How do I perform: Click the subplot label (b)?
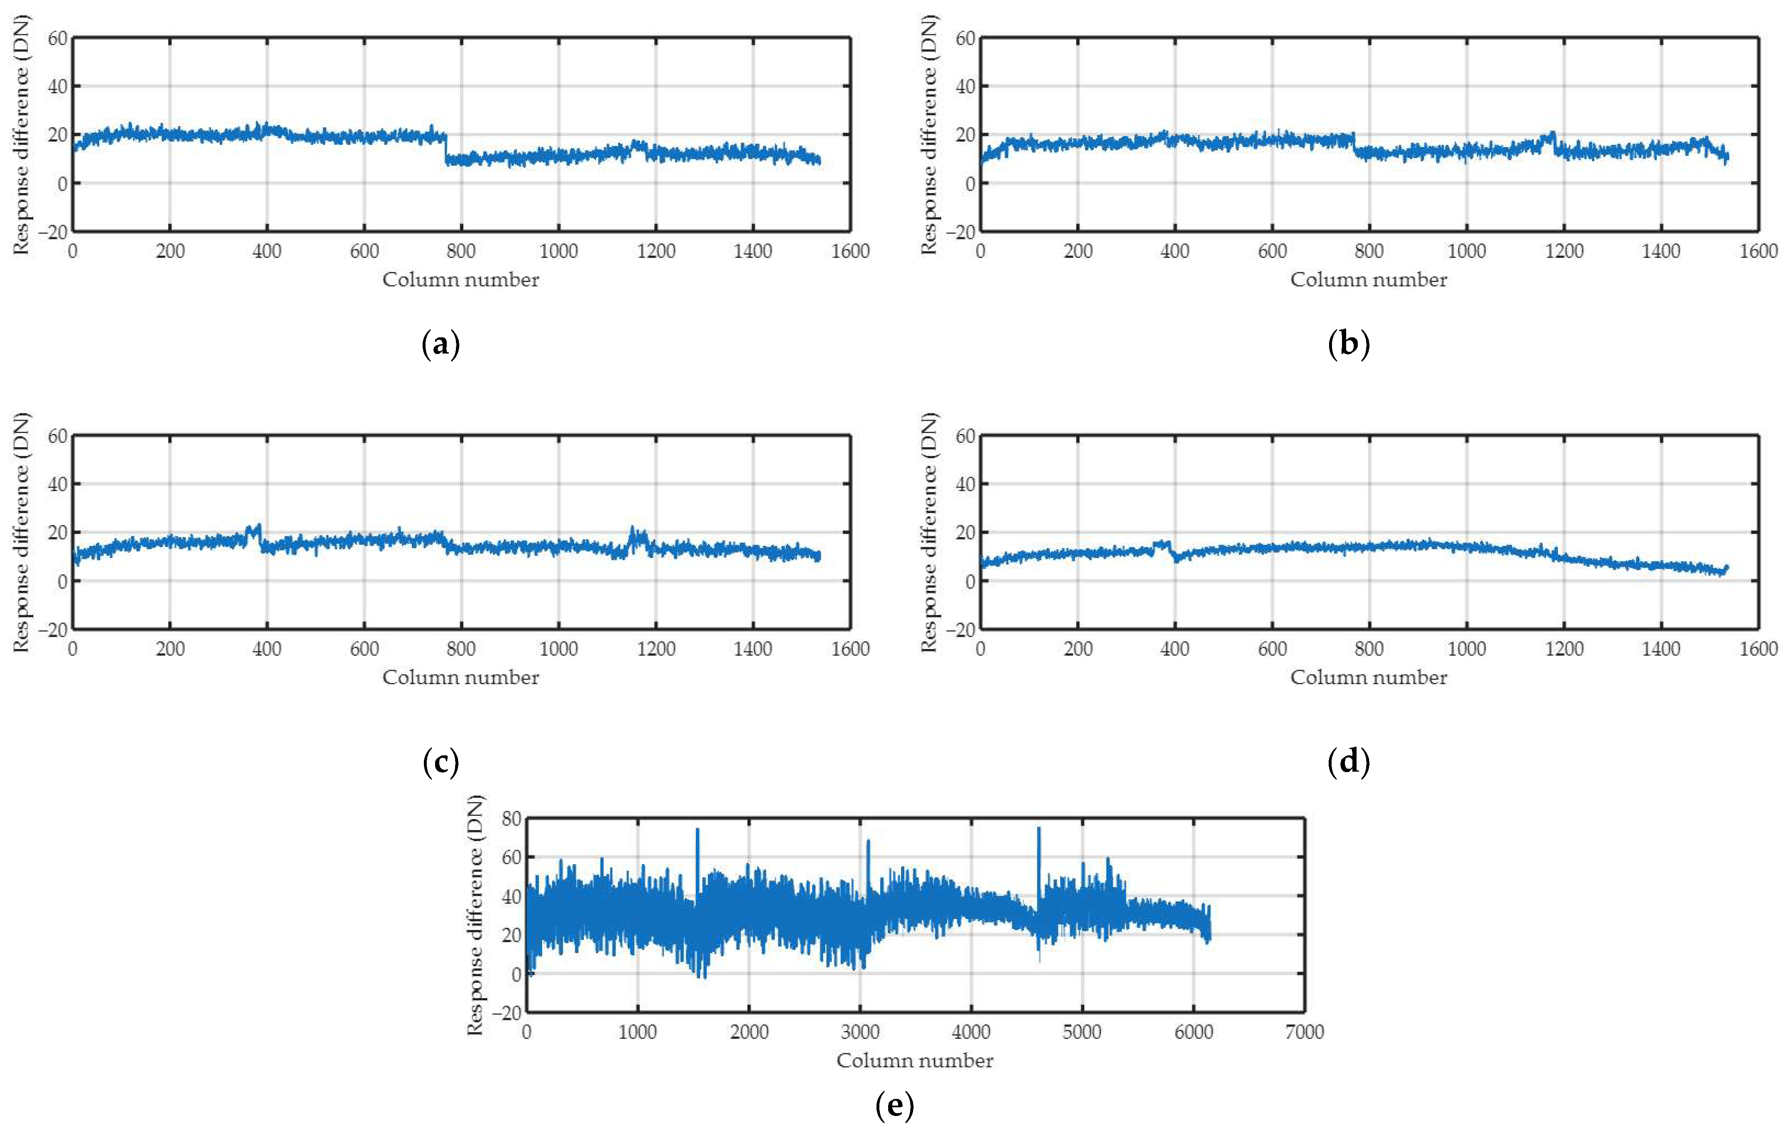coord(1348,345)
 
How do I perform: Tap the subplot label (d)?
coord(1348,762)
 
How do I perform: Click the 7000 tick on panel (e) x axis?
coord(1304,1032)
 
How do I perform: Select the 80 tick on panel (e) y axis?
coord(511,819)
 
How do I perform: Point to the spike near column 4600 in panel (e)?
coord(1038,830)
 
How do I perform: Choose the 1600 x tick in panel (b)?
coord(1758,251)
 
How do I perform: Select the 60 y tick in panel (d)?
coord(964,436)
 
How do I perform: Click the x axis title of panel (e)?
coord(914,1060)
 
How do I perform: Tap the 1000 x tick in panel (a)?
coord(558,251)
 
